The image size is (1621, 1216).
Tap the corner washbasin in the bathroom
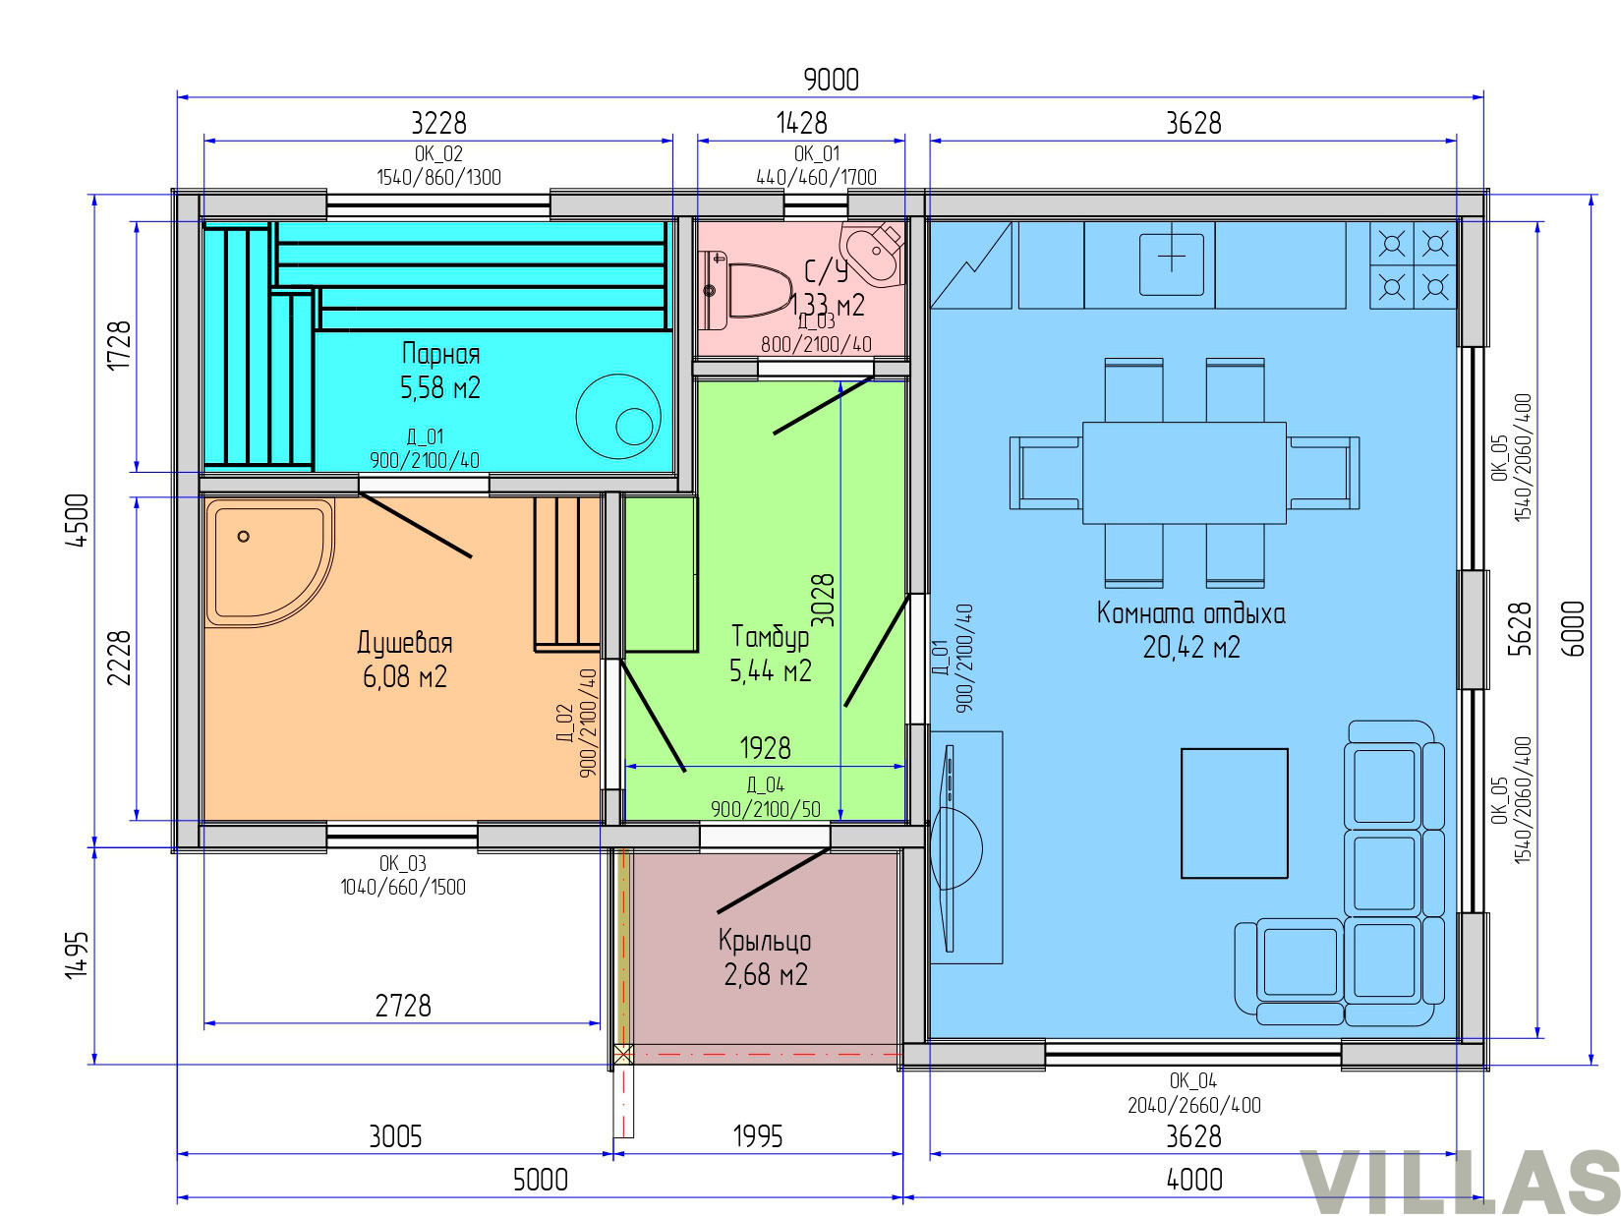pos(872,254)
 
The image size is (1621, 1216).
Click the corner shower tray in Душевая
pos(268,562)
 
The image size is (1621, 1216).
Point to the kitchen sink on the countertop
pos(1170,263)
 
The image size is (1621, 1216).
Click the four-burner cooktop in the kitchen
pos(1412,263)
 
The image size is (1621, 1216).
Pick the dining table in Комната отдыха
pos(1183,473)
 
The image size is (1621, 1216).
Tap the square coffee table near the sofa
pos(1233,813)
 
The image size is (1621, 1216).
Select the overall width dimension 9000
pos(830,80)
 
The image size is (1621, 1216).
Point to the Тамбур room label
pos(769,636)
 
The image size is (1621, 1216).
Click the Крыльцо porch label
pos(764,942)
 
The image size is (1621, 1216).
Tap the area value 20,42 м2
pos(1190,648)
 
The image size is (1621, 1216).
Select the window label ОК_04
pos(1192,1081)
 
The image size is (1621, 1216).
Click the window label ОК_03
pos(402,863)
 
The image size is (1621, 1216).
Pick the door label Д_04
pos(765,784)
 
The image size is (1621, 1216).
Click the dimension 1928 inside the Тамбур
pos(765,749)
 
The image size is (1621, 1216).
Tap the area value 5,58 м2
pos(440,387)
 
